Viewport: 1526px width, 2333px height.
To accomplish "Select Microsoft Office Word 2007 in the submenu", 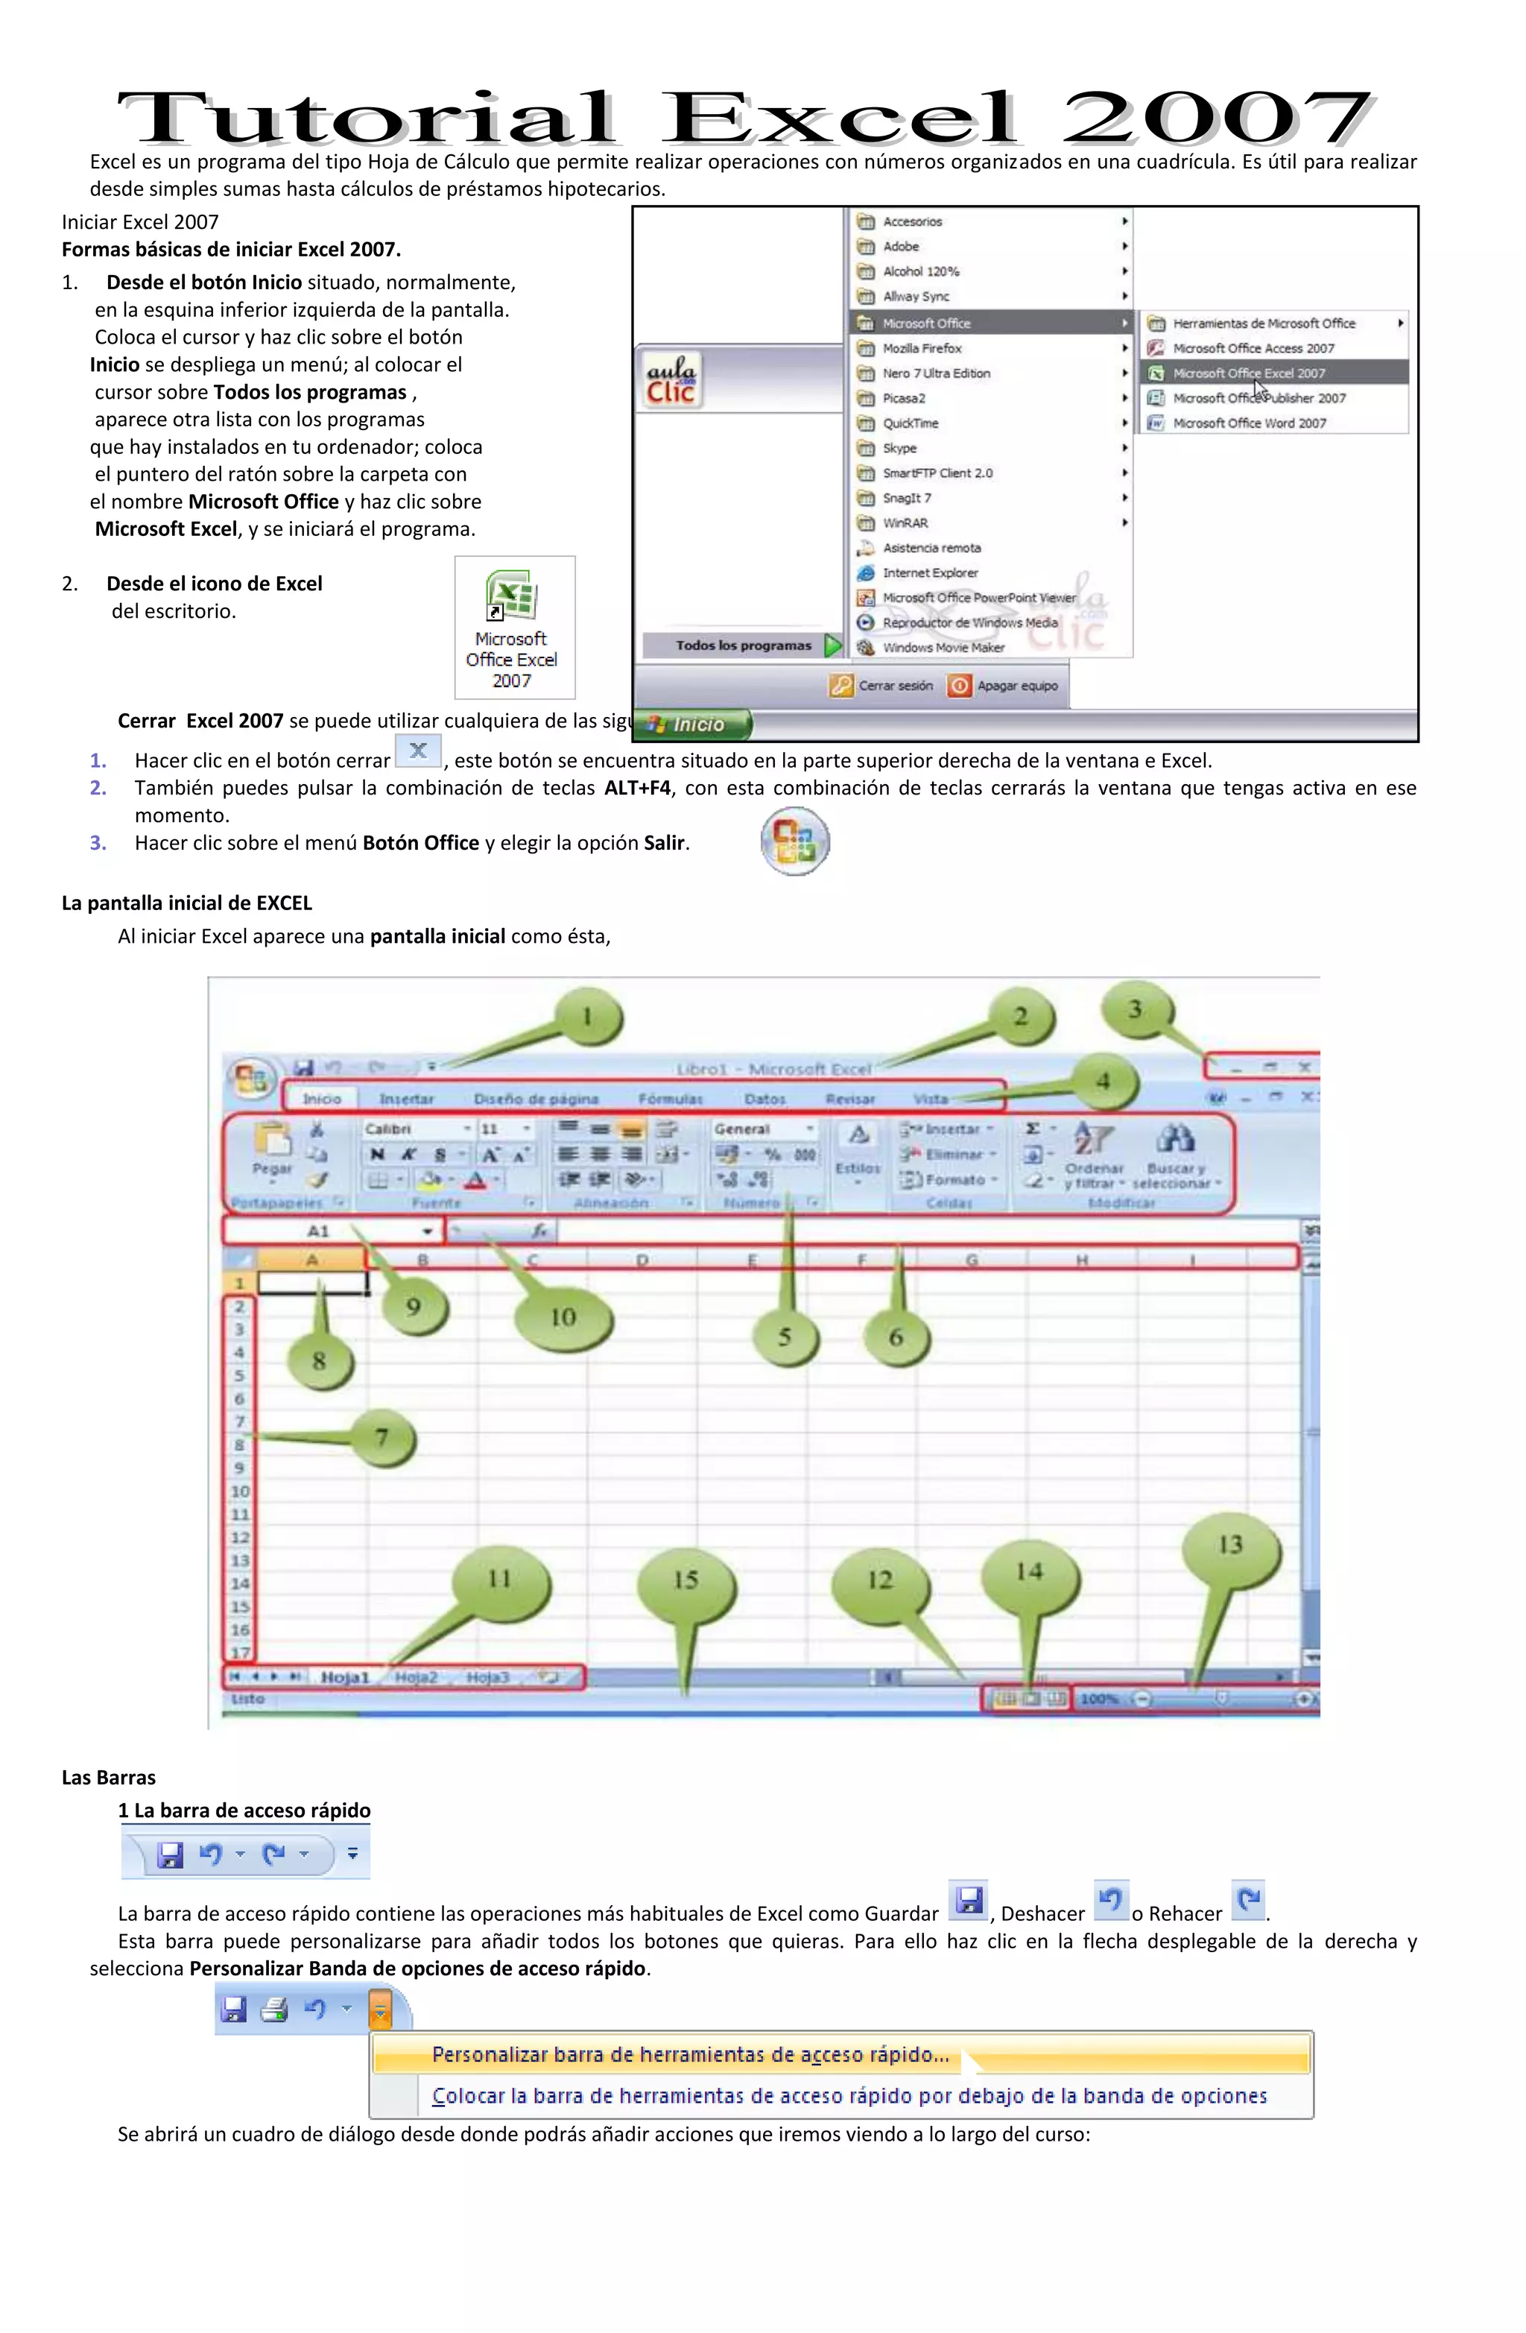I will tap(1249, 423).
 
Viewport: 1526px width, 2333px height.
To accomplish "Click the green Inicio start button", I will tap(694, 724).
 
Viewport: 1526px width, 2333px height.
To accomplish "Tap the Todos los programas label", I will tap(743, 645).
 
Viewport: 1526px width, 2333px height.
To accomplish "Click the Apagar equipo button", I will tap(1004, 685).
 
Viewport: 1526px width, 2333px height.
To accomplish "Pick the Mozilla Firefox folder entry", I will tap(921, 348).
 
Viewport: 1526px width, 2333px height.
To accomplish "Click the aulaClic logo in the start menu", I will tap(671, 380).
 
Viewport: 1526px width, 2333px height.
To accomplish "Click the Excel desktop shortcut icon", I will tap(512, 598).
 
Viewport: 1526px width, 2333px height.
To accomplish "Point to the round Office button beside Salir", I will tap(795, 841).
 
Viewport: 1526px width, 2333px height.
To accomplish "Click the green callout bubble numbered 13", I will tap(1230, 1546).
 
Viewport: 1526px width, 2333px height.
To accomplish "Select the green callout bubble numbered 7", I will tap(382, 1438).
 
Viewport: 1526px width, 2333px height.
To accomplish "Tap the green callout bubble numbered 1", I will tap(588, 1017).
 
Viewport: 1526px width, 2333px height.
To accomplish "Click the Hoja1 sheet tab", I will tap(345, 1677).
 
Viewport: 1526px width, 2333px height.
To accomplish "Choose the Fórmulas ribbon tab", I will tap(671, 1099).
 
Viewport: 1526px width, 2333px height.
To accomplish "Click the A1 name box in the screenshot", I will tap(318, 1231).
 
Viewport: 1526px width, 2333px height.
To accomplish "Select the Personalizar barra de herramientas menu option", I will tap(690, 2055).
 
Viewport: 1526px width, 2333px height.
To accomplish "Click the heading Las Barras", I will tap(109, 1777).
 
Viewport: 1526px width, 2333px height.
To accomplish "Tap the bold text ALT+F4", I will tap(637, 788).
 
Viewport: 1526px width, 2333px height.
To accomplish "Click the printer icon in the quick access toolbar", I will tap(274, 2010).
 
